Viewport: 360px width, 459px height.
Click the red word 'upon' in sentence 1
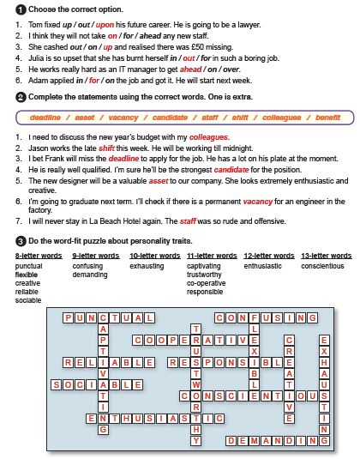(x=105, y=25)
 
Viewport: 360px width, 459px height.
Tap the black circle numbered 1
(x=21, y=10)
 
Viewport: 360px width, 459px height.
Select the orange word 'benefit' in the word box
(x=327, y=118)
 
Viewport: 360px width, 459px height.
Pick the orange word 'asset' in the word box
(x=85, y=118)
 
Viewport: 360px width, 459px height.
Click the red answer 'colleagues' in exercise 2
(x=208, y=137)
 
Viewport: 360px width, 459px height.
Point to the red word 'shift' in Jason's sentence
(x=106, y=148)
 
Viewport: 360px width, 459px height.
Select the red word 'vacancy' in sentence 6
(x=258, y=202)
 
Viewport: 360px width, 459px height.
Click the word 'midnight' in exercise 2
(x=238, y=148)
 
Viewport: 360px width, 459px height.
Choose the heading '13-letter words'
(x=327, y=256)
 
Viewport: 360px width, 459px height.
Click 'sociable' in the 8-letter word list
(x=28, y=300)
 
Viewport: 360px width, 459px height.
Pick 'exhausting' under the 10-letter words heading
(x=147, y=266)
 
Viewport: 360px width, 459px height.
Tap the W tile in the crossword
(x=196, y=384)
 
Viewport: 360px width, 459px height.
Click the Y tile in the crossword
(x=196, y=441)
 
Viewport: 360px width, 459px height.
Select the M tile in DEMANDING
(x=254, y=441)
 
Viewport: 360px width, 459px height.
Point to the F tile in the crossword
(x=254, y=318)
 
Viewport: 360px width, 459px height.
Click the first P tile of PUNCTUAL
(x=68, y=318)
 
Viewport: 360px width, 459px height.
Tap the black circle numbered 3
(x=21, y=241)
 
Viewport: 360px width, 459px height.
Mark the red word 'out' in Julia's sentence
(x=189, y=58)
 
